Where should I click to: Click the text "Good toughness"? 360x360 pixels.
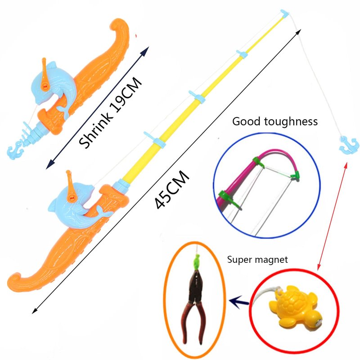(275, 121)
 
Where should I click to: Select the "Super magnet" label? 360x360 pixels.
(257, 260)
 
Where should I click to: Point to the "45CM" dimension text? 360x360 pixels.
(172, 189)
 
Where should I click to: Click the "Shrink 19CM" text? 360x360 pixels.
(110, 112)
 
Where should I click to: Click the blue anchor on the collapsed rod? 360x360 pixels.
(15, 152)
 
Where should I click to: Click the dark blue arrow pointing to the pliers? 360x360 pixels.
(239, 301)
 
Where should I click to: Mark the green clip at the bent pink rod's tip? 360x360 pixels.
(295, 175)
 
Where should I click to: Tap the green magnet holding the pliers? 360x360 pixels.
(196, 262)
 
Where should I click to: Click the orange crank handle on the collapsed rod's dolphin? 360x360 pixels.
(45, 74)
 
